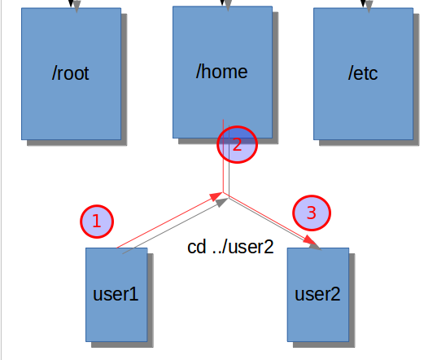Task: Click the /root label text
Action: tap(71, 73)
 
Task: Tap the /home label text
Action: tap(222, 72)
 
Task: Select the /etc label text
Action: tap(363, 73)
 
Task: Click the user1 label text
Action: tap(116, 294)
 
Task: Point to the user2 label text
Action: tap(317, 294)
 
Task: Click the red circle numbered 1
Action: tap(97, 222)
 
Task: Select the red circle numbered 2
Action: tap(237, 144)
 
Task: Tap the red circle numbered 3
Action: tap(312, 213)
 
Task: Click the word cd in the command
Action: tap(197, 247)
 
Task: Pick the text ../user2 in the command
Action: tap(243, 247)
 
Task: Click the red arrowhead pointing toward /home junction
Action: tap(216, 196)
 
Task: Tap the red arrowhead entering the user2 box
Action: tap(309, 240)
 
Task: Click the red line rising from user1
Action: tap(169, 220)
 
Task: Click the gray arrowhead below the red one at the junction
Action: tap(222, 203)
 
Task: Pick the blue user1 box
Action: tap(116, 295)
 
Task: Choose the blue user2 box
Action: tap(318, 295)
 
